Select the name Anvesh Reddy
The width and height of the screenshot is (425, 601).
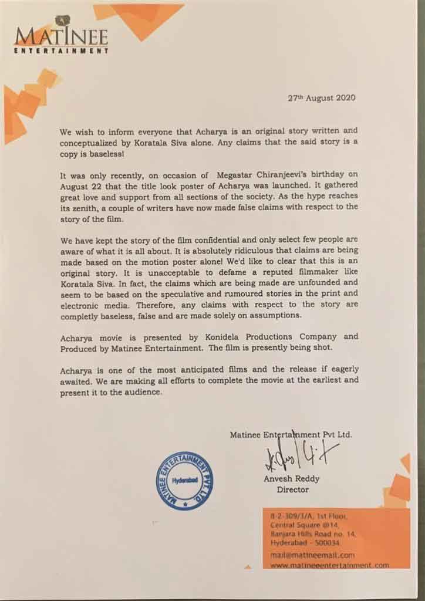(x=286, y=478)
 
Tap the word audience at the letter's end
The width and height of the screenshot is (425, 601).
(x=140, y=391)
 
